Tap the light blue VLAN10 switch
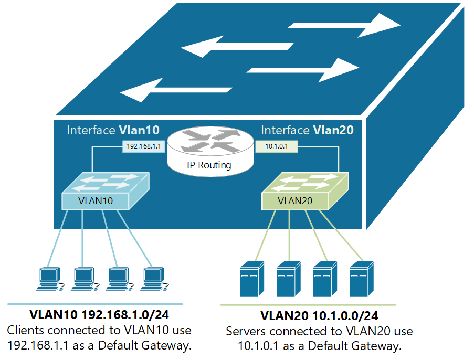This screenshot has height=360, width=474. click(105, 192)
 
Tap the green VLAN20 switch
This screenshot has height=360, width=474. click(305, 192)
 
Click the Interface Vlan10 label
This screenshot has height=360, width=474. click(113, 130)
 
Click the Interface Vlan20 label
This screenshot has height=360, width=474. click(307, 130)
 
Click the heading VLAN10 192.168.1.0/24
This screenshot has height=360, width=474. click(100, 316)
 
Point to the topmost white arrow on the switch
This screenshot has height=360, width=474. click(344, 25)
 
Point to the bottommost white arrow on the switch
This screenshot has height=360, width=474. click(176, 90)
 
